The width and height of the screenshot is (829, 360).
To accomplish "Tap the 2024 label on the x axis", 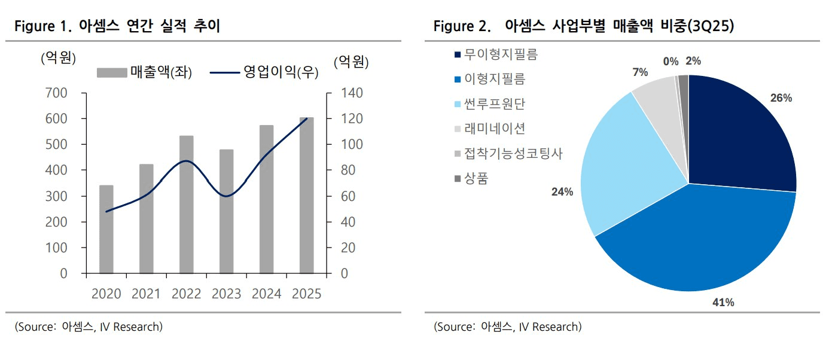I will coord(267,294).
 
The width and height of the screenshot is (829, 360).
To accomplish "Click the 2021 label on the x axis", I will coord(146,294).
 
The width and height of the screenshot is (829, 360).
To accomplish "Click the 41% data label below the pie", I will coord(723,303).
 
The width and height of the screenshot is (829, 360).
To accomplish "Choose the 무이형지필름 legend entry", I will coord(496,54).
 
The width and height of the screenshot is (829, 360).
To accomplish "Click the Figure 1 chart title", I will coord(117,26).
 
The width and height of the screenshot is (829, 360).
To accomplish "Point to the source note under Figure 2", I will coord(507,327).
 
